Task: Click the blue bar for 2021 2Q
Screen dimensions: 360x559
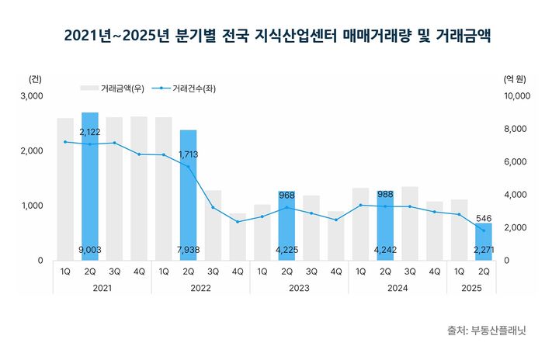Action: click(x=90, y=186)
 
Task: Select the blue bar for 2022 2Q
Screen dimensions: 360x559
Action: click(x=189, y=194)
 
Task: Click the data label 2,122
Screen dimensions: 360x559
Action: click(x=90, y=133)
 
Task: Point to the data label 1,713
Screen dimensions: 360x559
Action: click(x=189, y=154)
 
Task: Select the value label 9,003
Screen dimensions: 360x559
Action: click(x=90, y=250)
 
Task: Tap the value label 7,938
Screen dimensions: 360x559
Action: click(x=189, y=250)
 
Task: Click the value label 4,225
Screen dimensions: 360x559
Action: click(x=286, y=250)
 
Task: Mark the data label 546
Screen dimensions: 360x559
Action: click(x=484, y=219)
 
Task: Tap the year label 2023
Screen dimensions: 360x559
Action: click(x=299, y=287)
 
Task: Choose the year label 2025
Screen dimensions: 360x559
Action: click(x=471, y=287)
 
